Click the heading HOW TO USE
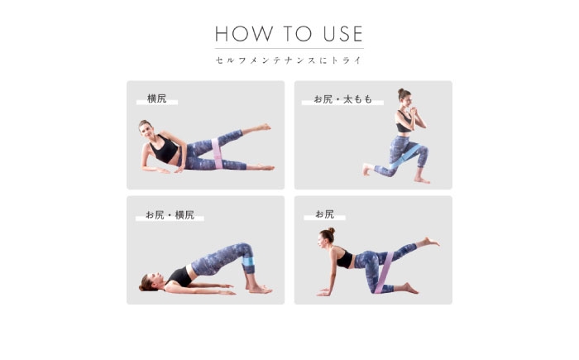(x=289, y=34)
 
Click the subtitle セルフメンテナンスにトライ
(x=289, y=60)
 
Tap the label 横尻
(x=157, y=98)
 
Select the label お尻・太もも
(x=342, y=99)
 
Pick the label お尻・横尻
(x=170, y=214)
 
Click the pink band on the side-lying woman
(x=217, y=153)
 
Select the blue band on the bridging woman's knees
(x=248, y=261)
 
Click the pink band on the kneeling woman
(x=384, y=272)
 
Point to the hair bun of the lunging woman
(x=401, y=90)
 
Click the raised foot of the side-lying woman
(x=264, y=127)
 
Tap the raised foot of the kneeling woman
(x=430, y=242)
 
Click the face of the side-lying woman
(x=146, y=130)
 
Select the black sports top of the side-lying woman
(x=165, y=149)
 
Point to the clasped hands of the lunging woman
(x=414, y=111)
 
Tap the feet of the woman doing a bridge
(x=260, y=290)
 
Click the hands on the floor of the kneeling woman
(x=324, y=292)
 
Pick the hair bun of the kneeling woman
(x=332, y=231)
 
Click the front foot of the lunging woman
(x=422, y=180)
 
